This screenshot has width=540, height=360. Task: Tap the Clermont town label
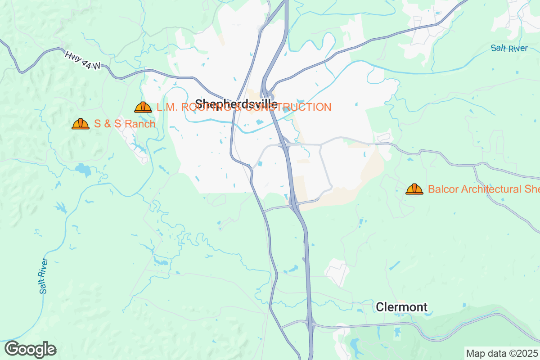[x=401, y=307]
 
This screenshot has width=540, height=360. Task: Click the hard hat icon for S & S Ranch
[x=81, y=124]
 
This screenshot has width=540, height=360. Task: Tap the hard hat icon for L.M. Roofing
[x=143, y=107]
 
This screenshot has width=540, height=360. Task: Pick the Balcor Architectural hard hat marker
[x=414, y=189]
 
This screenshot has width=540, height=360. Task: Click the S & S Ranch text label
[x=125, y=124]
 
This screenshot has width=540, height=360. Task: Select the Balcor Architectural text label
[x=483, y=189]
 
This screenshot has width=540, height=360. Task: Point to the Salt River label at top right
[x=509, y=48]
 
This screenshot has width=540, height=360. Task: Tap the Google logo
[x=31, y=349]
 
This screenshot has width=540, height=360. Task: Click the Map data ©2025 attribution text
[x=501, y=353]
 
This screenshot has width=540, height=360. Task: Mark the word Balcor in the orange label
[x=442, y=189]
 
